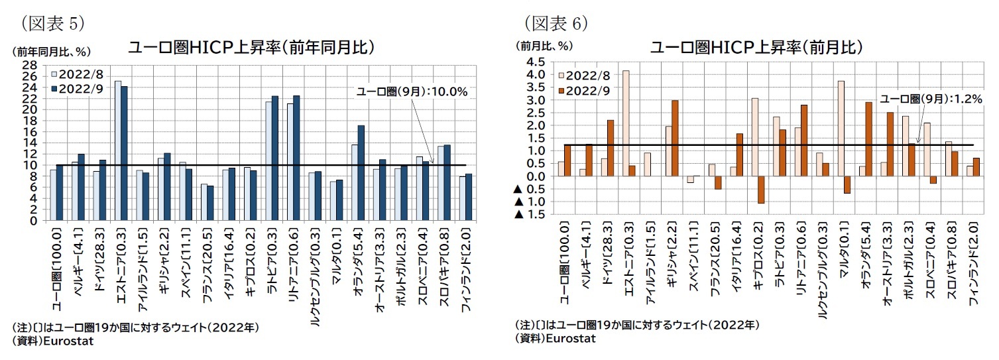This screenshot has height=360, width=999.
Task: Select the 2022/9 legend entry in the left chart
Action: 76,87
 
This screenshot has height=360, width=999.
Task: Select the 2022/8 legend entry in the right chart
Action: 584,77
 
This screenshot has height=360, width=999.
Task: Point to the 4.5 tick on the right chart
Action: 534,62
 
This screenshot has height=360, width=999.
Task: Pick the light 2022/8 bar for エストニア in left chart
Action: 118,150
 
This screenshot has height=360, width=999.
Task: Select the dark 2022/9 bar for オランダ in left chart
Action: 361,172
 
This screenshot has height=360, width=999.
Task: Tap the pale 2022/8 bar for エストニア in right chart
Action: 626,123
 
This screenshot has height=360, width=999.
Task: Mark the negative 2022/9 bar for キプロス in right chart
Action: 762,189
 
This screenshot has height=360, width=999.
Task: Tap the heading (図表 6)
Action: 556,24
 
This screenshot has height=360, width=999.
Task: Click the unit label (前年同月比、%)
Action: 50,51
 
